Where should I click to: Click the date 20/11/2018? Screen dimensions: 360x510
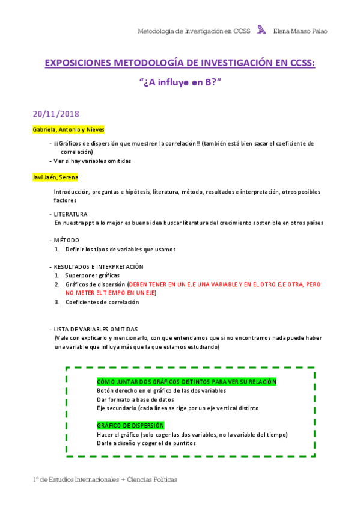[x=56, y=114]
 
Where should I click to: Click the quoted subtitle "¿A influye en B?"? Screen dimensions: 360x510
[x=180, y=84]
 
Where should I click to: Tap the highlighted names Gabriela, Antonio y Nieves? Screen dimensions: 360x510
[x=69, y=129]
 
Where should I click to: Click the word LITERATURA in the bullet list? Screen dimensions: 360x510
[x=71, y=214]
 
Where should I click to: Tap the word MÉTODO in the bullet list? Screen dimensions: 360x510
[x=66, y=240]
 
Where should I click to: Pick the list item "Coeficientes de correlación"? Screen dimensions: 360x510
[x=102, y=302]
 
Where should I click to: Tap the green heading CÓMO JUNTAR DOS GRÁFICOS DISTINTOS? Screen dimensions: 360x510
[x=187, y=381]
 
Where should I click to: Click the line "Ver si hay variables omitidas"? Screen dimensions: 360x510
[x=92, y=161]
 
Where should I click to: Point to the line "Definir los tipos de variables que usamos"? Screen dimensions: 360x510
[x=121, y=249]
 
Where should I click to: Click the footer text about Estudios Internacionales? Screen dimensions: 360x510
[x=105, y=479]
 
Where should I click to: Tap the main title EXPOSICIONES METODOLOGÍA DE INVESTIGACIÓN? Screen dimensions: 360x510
[x=180, y=64]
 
